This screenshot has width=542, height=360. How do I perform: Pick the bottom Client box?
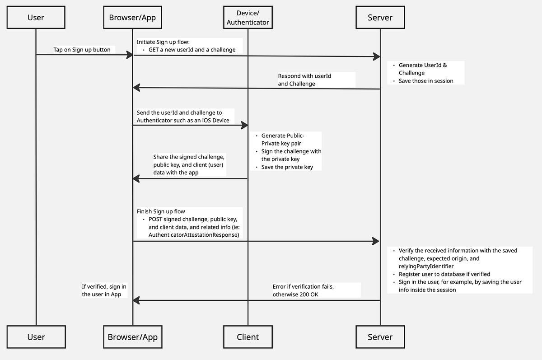pyautogui.click(x=248, y=337)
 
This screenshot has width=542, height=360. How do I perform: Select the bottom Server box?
pyautogui.click(x=380, y=337)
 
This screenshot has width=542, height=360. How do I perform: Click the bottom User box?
pyautogui.click(x=36, y=337)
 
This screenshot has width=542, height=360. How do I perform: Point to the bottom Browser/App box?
pyautogui.click(x=133, y=337)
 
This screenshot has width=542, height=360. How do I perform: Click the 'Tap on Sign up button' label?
pyautogui.click(x=82, y=50)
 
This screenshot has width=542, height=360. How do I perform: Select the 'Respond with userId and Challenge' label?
pyautogui.click(x=304, y=80)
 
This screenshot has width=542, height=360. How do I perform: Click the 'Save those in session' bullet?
pyautogui.click(x=425, y=81)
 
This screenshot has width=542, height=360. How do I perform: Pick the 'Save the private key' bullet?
pyautogui.click(x=287, y=167)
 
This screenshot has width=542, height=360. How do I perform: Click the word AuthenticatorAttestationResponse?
pyautogui.click(x=194, y=235)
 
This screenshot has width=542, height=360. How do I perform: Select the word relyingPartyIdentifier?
pyautogui.click(x=426, y=266)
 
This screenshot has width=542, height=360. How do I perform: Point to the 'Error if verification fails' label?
pyautogui.click(x=303, y=286)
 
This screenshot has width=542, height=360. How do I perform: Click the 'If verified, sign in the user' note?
pyautogui.click(x=104, y=290)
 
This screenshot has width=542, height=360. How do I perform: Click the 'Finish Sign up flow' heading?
pyautogui.click(x=161, y=211)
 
